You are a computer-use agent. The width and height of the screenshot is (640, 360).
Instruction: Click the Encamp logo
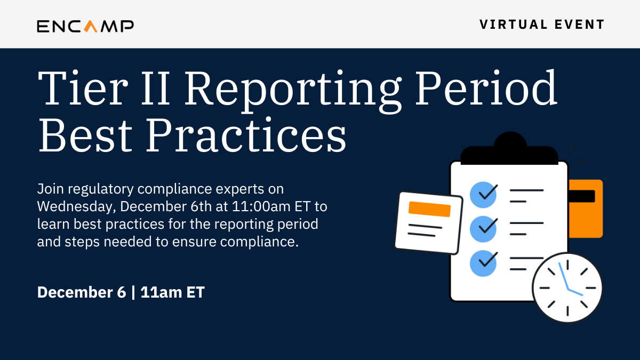85,25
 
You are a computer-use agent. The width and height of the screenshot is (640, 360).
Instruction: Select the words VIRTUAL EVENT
542,25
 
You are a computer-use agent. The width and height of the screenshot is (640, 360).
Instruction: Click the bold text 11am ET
173,292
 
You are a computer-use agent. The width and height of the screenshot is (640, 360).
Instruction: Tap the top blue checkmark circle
483,194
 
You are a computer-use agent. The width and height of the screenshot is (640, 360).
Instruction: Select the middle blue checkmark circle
483,228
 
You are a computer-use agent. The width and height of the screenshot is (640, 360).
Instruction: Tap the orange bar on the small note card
429,209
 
